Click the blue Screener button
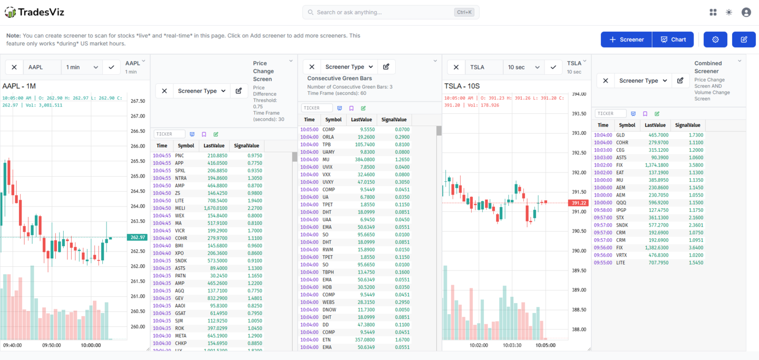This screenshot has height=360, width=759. click(x=626, y=40)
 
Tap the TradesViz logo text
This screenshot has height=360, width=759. click(x=41, y=12)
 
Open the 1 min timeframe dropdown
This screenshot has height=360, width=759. click(x=82, y=67)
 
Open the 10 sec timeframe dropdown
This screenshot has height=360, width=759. click(x=524, y=67)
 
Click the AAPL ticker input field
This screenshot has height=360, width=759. click(x=42, y=67)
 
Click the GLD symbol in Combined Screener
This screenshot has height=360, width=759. click(x=620, y=135)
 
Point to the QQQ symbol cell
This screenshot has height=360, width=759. click(x=621, y=202)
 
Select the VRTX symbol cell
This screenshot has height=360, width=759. click(x=622, y=255)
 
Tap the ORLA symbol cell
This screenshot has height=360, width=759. click(x=328, y=137)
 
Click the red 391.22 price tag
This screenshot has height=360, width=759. click(x=578, y=203)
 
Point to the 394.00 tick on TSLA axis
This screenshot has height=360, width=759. click(x=579, y=94)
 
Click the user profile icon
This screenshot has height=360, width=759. click(x=746, y=12)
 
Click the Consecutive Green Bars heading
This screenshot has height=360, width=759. click(x=339, y=79)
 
